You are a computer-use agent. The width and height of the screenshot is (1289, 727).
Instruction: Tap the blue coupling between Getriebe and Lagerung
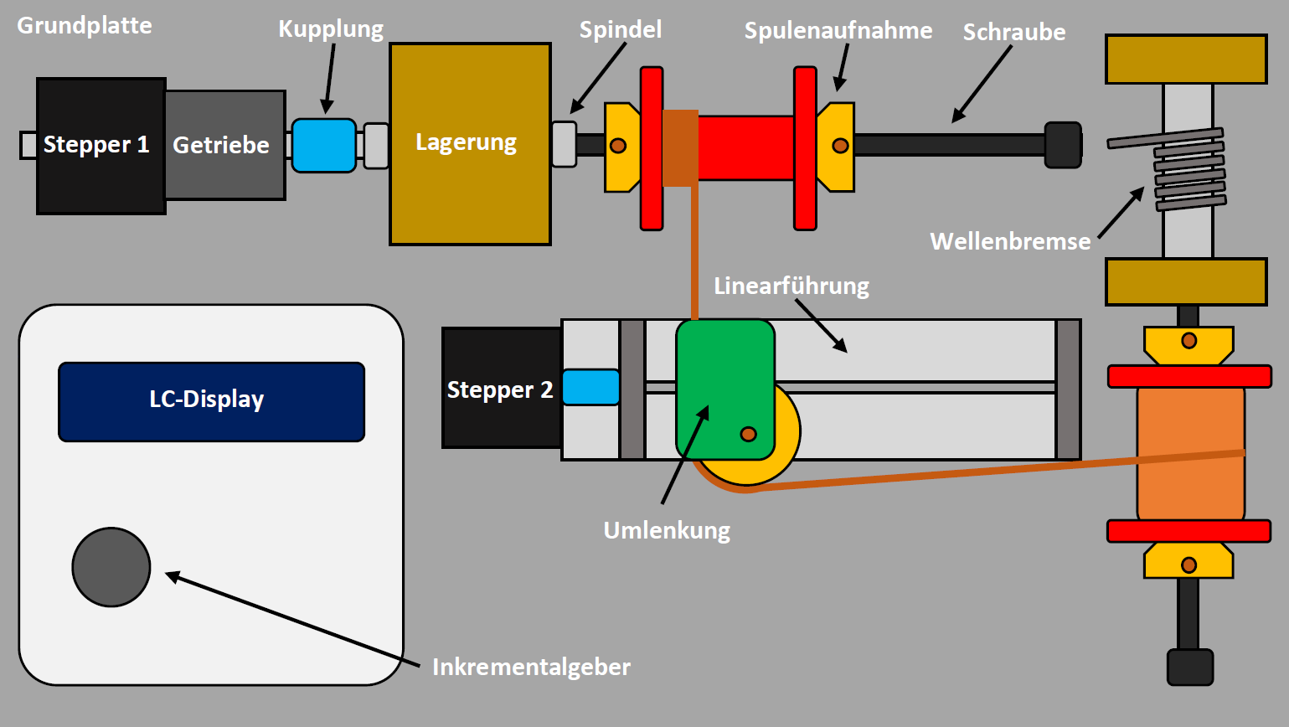(x=324, y=145)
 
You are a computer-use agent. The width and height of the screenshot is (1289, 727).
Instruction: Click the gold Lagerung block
(x=470, y=143)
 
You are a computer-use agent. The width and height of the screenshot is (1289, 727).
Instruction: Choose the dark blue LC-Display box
(x=211, y=401)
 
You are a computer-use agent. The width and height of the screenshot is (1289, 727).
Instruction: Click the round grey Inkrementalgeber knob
(x=111, y=567)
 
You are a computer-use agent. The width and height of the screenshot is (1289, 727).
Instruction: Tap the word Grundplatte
(x=85, y=25)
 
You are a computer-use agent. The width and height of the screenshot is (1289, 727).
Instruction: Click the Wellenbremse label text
(x=1010, y=241)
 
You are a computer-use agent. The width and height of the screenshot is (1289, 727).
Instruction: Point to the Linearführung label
(x=791, y=286)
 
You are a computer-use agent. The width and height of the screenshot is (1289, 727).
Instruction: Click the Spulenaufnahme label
(x=838, y=30)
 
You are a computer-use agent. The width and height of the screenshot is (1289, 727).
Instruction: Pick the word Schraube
(x=1014, y=32)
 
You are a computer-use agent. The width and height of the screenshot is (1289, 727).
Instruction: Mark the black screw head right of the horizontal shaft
(x=1063, y=145)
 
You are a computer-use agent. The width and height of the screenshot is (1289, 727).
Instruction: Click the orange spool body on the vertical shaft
(x=1190, y=454)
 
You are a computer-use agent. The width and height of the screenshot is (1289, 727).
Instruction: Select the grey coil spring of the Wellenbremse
(x=1189, y=171)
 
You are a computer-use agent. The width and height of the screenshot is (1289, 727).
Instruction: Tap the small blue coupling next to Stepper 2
(x=591, y=387)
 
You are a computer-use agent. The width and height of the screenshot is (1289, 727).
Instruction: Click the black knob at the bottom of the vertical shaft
(x=1189, y=667)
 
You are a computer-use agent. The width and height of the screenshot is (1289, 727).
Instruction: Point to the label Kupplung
(x=331, y=28)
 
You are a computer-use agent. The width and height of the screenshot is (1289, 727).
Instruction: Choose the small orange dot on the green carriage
(x=749, y=434)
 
